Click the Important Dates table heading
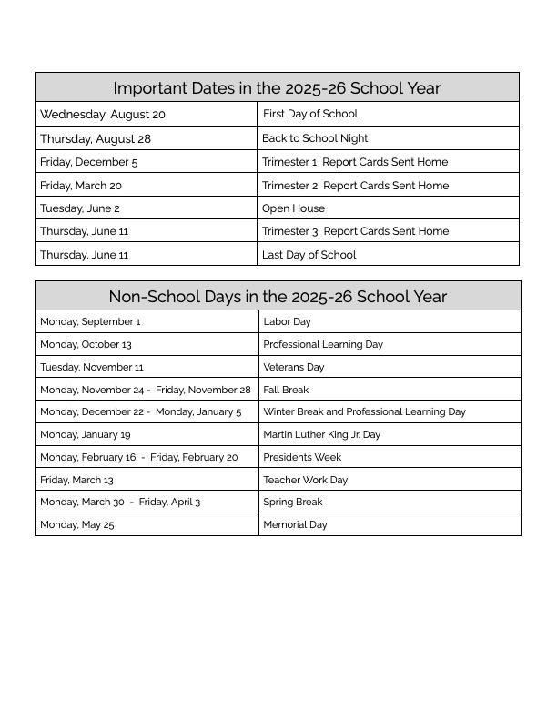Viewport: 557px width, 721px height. [x=277, y=88]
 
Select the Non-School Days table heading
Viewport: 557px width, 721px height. [x=278, y=297]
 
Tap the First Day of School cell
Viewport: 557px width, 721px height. [x=309, y=114]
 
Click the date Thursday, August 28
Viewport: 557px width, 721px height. [x=96, y=138]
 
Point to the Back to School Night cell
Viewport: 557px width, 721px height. [x=315, y=138]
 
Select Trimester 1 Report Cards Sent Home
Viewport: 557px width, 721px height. [x=355, y=162]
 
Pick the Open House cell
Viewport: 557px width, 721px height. [x=293, y=208]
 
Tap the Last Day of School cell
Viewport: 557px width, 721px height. [x=309, y=255]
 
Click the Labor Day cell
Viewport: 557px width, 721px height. [x=287, y=321]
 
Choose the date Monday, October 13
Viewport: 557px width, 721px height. [x=86, y=344]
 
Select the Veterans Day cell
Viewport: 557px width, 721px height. [x=294, y=367]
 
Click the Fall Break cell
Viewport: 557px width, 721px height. [x=286, y=390]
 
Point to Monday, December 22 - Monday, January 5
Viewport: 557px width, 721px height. [x=141, y=411]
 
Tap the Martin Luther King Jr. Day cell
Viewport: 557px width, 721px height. [x=322, y=434]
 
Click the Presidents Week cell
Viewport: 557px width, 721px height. [x=302, y=457]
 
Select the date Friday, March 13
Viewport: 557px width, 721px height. [x=76, y=480]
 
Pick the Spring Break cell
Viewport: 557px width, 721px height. [x=293, y=502]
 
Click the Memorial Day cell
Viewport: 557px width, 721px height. [x=295, y=524]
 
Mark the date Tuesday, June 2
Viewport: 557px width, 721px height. [x=80, y=208]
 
